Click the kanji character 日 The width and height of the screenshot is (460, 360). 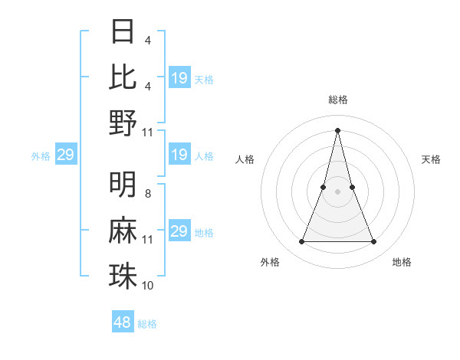123,31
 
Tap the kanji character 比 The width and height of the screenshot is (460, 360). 123,77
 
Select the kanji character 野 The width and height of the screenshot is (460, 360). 123,123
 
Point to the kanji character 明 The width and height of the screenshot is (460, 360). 123,185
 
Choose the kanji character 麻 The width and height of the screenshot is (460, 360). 123,231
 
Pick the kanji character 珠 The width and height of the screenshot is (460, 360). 123,276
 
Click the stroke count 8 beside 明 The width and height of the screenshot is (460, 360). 148,194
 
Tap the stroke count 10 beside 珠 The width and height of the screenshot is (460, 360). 148,286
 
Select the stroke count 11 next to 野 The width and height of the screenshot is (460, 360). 148,132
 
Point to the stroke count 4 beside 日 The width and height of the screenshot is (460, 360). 148,40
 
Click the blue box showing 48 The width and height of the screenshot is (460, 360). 123,322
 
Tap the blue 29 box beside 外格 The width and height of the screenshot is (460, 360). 65,155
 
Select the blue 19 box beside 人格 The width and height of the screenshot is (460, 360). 179,155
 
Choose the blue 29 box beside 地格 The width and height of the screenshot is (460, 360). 179,231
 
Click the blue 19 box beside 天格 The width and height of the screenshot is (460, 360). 179,78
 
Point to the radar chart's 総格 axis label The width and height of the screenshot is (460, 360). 337,100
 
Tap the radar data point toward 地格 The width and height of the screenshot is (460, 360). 374,242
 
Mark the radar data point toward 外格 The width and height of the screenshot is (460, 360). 301,242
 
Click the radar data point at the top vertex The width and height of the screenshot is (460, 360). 337,130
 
